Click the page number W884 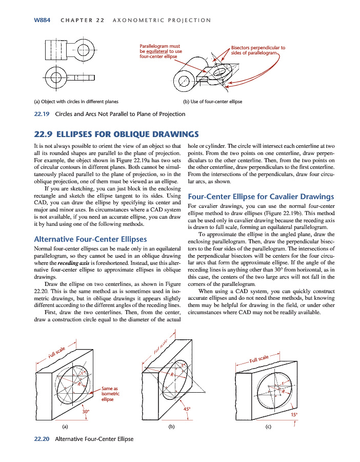(42, 20)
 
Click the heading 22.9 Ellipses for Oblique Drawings (115, 134)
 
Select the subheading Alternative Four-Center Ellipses (90, 239)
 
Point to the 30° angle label (86, 411)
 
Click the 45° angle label (187, 409)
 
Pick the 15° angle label (294, 414)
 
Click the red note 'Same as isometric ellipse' (110, 394)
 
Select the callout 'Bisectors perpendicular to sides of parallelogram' (258, 50)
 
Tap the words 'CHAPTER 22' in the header (83, 20)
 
